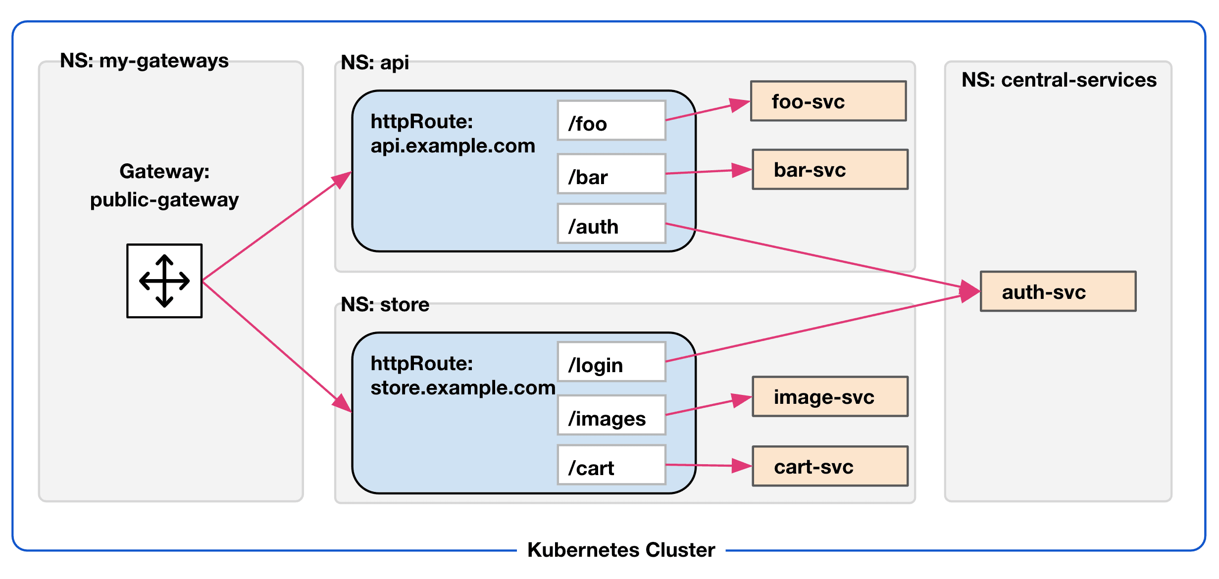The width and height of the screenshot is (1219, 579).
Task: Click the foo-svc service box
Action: (828, 101)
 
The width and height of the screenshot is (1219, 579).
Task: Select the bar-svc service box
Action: (830, 169)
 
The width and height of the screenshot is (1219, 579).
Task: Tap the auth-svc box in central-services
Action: (1058, 291)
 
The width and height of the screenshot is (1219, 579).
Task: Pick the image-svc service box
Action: (830, 396)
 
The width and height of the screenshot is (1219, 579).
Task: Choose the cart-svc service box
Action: (830, 466)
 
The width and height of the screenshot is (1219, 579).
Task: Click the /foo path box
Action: (611, 121)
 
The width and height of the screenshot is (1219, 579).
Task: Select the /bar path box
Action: (611, 174)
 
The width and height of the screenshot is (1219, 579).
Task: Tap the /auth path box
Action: (611, 224)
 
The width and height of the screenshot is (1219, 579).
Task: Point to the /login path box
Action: (611, 362)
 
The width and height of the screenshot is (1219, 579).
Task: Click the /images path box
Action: (611, 415)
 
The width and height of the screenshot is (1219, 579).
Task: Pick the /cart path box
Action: (611, 465)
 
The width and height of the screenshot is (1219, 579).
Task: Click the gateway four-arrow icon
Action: (164, 281)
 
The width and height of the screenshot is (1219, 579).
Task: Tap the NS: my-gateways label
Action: (144, 60)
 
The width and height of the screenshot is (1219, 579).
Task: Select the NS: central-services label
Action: (1059, 80)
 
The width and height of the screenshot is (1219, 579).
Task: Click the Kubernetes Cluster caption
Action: (621, 550)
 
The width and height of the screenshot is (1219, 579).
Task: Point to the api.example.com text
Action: (453, 145)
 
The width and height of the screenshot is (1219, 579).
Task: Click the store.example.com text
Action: (462, 387)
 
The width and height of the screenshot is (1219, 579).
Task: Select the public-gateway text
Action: (164, 199)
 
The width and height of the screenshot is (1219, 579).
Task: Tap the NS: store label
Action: (385, 304)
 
